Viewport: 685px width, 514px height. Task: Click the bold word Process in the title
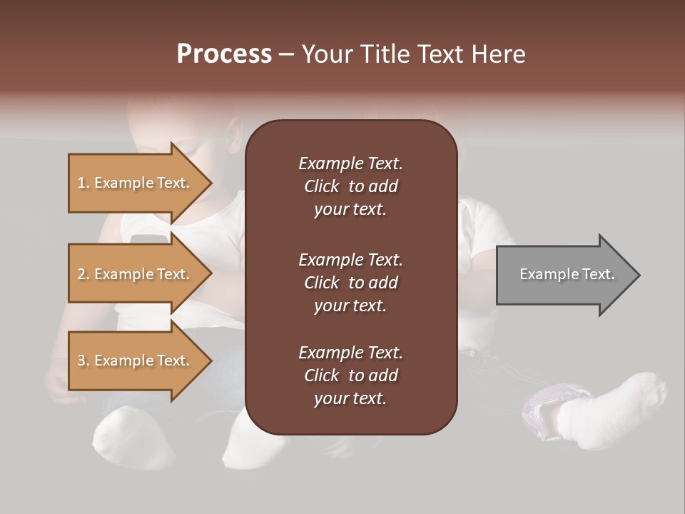224,54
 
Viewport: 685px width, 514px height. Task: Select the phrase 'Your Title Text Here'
413,54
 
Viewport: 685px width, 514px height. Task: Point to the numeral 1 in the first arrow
81,183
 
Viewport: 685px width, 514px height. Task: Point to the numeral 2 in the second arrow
81,274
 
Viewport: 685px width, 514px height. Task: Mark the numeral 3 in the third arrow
81,361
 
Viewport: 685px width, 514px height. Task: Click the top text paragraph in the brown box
350,186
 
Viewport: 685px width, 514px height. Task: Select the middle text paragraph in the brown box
350,283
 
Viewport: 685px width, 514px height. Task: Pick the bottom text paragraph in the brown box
350,376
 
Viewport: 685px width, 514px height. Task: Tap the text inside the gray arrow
567,274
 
